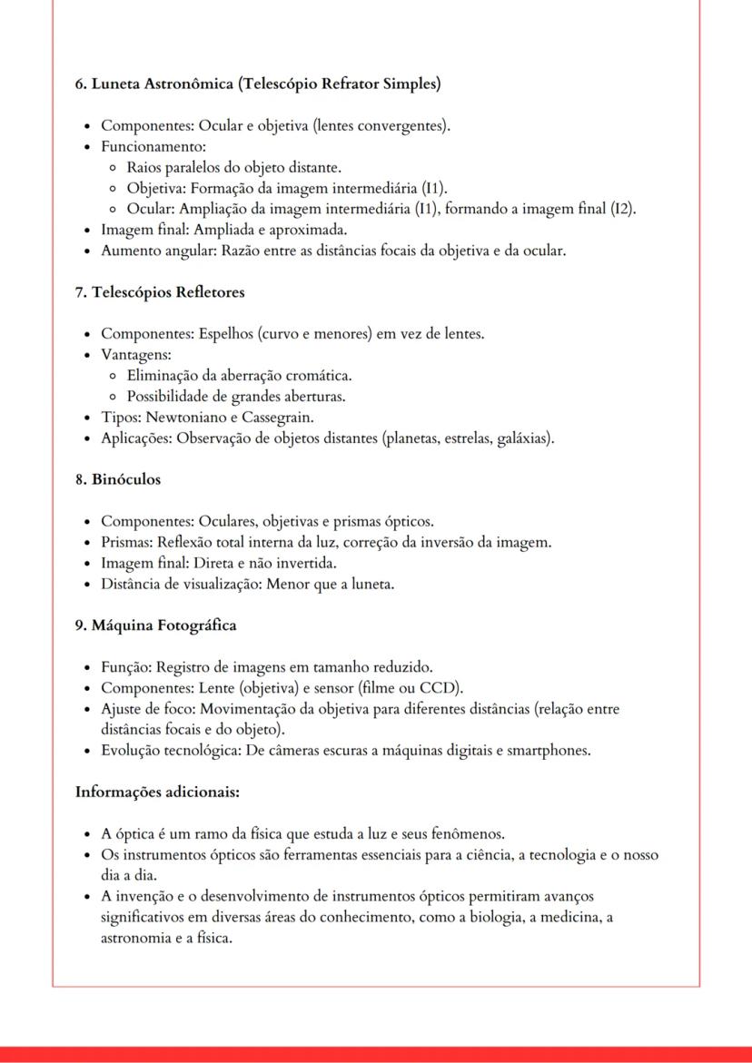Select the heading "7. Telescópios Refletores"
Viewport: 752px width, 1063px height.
160,292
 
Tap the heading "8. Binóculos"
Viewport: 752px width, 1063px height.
117,479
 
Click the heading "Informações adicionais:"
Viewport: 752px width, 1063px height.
157,792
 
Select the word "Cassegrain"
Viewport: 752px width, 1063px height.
278,418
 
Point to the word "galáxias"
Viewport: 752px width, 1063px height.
520,438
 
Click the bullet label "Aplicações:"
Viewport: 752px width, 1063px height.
136,438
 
